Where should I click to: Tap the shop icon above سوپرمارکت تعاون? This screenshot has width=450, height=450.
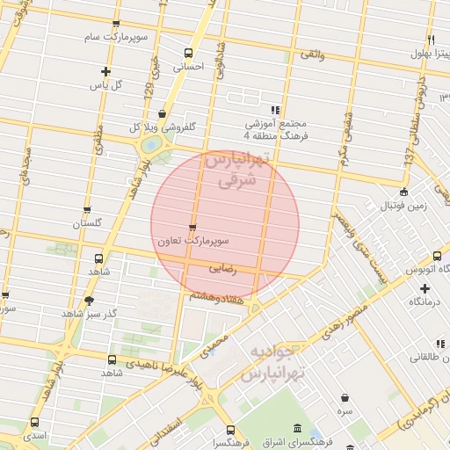click(192, 226)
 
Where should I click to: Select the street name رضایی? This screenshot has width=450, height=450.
click(222, 272)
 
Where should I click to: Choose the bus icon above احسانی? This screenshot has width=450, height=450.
click(188, 52)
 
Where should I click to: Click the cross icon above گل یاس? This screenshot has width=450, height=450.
click(106, 71)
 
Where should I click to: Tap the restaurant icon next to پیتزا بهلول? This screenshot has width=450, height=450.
click(431, 40)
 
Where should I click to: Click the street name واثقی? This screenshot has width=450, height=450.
click(312, 54)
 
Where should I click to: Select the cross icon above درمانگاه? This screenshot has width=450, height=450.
click(425, 287)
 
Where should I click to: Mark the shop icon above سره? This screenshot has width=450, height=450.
click(344, 397)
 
